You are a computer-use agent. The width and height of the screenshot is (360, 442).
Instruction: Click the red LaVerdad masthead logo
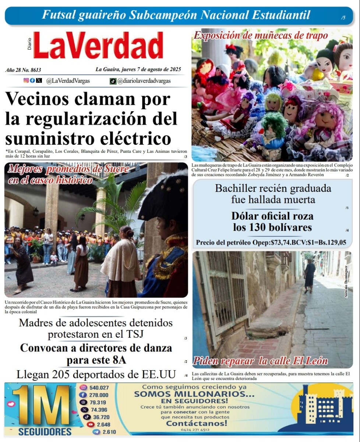pos(98,45)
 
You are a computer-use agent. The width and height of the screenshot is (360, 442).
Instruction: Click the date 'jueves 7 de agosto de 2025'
pos(138,69)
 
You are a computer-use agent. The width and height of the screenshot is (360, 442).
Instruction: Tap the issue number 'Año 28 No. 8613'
pos(23,70)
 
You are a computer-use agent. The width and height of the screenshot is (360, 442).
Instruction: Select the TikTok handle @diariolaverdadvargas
pos(145,81)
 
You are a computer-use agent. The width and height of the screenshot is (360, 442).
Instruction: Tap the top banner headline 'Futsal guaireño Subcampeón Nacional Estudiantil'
pos(176,15)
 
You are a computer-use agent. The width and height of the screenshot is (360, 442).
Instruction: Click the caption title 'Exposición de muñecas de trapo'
pos(261,36)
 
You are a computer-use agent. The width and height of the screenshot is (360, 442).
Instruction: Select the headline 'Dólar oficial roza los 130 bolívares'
pos(272,221)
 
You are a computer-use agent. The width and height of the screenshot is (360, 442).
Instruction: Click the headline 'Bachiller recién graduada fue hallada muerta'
pos(273,194)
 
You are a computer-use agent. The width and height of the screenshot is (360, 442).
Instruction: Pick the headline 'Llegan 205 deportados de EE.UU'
pos(96,375)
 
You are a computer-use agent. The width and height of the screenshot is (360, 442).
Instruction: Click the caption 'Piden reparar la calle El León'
pos(260,361)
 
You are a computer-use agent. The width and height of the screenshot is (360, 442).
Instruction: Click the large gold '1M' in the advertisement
pos(41,405)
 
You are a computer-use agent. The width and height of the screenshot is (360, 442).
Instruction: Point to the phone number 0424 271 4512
pos(195,429)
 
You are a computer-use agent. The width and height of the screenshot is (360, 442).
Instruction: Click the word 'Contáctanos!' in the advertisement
pos(197,423)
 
